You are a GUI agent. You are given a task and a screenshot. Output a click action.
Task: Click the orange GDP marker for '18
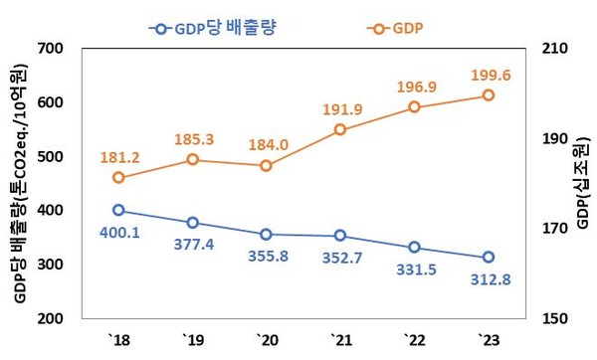click(118, 178)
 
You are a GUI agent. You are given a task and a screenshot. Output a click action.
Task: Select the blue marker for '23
click(489, 258)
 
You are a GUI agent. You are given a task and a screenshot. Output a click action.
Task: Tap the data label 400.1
click(119, 232)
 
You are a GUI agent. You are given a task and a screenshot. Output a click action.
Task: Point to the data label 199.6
click(489, 75)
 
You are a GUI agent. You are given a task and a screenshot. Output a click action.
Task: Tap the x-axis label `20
click(267, 340)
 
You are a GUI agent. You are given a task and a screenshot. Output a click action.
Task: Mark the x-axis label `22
click(415, 340)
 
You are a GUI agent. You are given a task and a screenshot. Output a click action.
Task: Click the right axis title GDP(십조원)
click(582, 184)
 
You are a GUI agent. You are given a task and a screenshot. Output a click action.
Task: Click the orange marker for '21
click(340, 129)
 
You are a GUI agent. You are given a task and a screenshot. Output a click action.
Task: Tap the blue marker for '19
click(192, 223)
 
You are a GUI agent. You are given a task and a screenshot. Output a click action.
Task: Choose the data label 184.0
click(268, 145)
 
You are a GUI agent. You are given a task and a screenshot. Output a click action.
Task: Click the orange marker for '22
click(415, 107)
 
